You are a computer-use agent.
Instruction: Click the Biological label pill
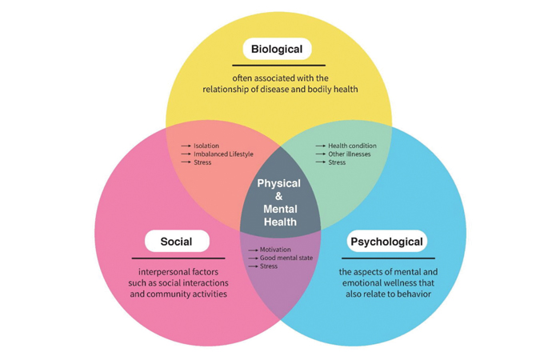coord(276,50)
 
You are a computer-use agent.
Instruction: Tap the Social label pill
coord(177,241)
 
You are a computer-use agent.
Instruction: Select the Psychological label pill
coord(386,241)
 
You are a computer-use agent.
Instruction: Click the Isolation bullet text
coord(207,146)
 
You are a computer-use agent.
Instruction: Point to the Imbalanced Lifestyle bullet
coord(223,154)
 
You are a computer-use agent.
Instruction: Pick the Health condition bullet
coord(352,146)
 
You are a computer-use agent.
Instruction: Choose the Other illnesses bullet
coord(349,154)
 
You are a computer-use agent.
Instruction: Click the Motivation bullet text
coord(275,250)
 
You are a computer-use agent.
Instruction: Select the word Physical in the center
coord(279,184)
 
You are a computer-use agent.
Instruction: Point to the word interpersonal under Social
coord(154,273)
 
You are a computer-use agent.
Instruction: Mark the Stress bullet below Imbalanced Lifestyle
coord(203,162)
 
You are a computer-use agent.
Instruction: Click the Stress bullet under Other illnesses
coord(337,162)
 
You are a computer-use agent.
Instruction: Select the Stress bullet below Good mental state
coord(269,266)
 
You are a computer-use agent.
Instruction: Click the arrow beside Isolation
coord(186,146)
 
